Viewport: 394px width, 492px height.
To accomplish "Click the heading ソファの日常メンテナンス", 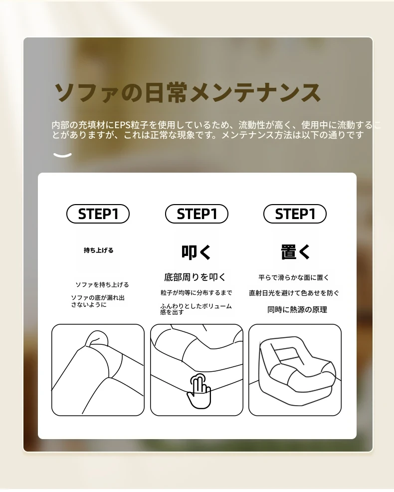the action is pos(188,93).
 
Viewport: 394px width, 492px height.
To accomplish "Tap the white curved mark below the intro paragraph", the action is pos(62,155).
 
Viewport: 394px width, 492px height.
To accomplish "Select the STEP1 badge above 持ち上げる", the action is pos(98,214).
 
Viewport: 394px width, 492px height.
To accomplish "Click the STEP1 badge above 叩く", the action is pos(197,214).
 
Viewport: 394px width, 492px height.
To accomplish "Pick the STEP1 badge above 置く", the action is pos(295,214).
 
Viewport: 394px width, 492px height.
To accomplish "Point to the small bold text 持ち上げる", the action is pos(99,250).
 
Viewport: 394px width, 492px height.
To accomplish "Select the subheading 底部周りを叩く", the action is pos(195,277).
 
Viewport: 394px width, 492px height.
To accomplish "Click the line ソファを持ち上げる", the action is pos(102,284).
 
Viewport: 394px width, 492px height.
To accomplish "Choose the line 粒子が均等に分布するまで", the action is pos(197,293).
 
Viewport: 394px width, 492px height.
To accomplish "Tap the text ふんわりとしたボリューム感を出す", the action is pos(196,309).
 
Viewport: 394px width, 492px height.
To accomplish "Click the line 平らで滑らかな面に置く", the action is pos(294,278).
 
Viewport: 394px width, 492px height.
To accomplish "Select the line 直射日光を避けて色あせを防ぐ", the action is pos(294,293).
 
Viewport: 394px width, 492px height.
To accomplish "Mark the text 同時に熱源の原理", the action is pos(297,310).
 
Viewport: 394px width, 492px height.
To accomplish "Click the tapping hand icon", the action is pos(199,391).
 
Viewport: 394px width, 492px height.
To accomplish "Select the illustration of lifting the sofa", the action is pos(98,370).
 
